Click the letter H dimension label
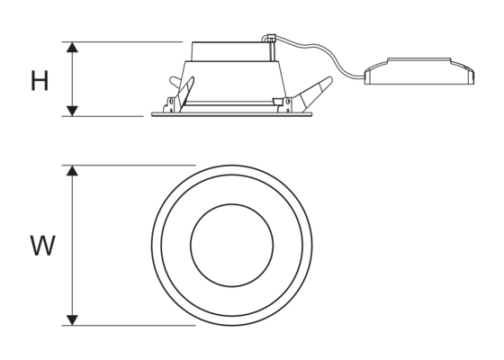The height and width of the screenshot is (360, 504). [x=40, y=80]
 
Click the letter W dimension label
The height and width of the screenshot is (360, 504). [x=43, y=246]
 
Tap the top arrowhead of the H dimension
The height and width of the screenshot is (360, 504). [x=72, y=47]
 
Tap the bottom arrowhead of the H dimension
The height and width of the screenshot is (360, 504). [x=72, y=111]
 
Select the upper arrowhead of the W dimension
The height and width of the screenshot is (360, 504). [x=72, y=171]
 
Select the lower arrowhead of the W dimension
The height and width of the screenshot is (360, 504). [x=72, y=320]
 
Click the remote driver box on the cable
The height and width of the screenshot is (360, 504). [x=419, y=71]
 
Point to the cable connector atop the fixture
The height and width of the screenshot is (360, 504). [x=269, y=38]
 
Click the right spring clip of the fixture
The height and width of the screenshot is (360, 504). [x=312, y=93]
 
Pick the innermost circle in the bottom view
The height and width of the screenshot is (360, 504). [x=232, y=245]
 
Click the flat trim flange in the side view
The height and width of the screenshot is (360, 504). [x=232, y=114]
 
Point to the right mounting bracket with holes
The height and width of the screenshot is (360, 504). [x=286, y=104]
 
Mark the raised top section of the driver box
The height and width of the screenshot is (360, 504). [x=418, y=61]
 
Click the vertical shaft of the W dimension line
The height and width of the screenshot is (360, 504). [x=72, y=245]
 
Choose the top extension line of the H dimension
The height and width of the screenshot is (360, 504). [x=122, y=41]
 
